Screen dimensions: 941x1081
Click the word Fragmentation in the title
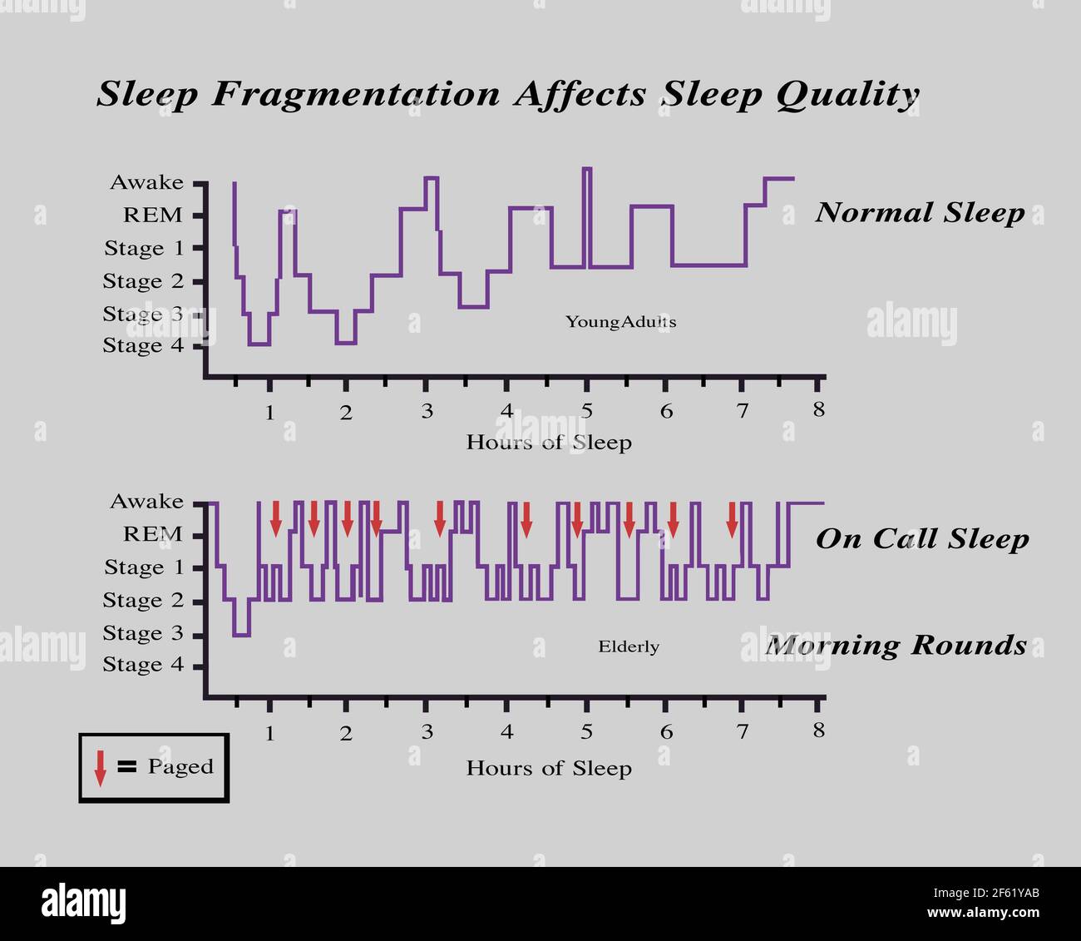pos(355,93)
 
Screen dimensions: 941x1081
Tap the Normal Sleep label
pos(920,213)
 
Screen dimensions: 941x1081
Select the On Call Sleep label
pos(921,539)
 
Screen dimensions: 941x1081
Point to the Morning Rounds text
pos(896,645)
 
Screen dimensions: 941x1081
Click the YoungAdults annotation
pos(620,322)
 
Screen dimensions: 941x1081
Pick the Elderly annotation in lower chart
pos(629,646)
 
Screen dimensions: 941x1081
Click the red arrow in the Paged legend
pos(100,767)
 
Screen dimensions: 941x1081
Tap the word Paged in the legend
pos(180,766)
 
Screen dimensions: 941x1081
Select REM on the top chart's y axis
pos(152,215)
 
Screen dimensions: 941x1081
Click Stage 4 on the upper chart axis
pos(143,345)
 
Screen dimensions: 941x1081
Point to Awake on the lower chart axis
pos(146,501)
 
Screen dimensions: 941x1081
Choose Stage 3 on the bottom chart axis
pos(143,633)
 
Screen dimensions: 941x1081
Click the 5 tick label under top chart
pos(586,410)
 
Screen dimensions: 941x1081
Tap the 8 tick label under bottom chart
pos(819,731)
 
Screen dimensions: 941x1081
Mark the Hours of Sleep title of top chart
pos(549,442)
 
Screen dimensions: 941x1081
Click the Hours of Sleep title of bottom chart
pos(549,768)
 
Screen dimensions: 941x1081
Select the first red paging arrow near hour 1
pos(276,518)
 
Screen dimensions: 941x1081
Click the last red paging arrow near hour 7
pos(732,519)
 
